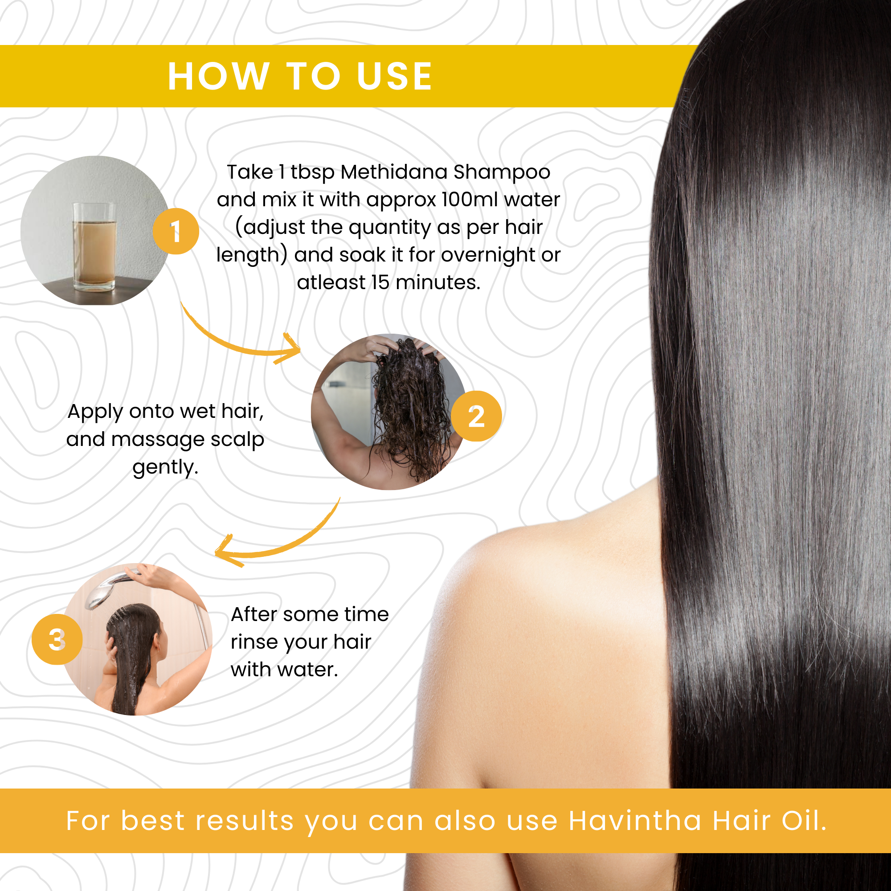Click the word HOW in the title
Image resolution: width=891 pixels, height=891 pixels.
click(219, 76)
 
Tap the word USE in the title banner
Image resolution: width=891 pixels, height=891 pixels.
click(395, 76)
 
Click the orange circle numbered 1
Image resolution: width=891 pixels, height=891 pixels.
click(176, 231)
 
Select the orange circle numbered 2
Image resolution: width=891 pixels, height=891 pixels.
click(476, 416)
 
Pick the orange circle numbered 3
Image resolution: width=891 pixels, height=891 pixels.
click(57, 639)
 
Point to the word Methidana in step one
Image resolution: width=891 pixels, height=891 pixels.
click(394, 172)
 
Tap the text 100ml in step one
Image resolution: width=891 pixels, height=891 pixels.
click(470, 200)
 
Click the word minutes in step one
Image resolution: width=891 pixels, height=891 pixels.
click(438, 283)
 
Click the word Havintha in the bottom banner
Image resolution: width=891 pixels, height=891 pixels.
click(635, 822)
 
